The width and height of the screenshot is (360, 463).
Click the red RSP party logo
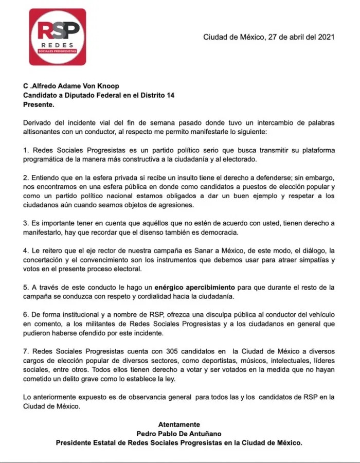coord(57,37)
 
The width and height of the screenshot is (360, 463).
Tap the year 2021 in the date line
coord(326,37)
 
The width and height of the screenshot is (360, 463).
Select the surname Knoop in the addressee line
coord(109,86)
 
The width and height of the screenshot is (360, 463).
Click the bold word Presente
coord(39,104)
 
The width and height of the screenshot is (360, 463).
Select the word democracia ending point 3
coord(220,233)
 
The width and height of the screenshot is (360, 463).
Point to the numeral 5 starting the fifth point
coord(26,287)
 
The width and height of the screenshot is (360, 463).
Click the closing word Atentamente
coord(179,424)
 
